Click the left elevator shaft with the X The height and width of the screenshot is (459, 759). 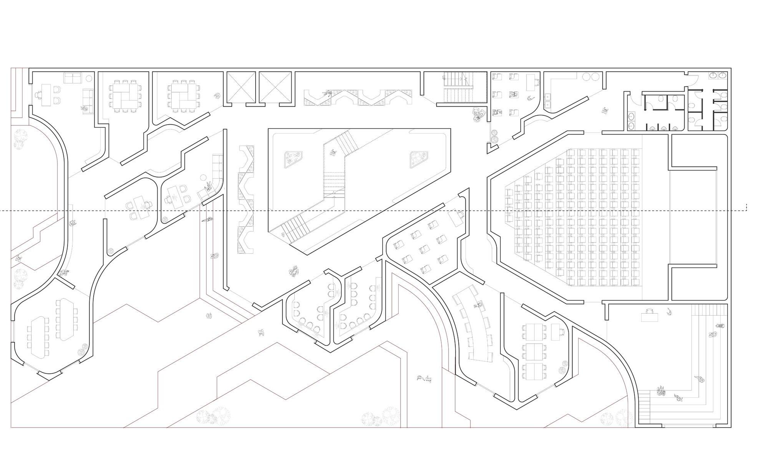pos(241,87)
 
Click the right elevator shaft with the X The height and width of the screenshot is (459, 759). pos(275,87)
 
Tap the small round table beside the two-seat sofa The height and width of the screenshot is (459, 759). pos(89,78)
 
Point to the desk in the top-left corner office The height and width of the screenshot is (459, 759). pos(46,95)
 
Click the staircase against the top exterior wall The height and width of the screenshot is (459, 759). pos(459,87)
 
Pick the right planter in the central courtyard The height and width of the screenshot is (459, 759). pos(419,159)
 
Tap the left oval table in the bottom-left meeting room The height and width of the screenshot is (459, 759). pos(38,337)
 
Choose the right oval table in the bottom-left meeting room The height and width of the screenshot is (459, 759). pos(65,319)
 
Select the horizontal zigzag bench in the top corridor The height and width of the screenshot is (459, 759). pos(358,97)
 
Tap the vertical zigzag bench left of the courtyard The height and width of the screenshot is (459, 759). pos(246,199)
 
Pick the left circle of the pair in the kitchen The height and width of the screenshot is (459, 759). pos(586,77)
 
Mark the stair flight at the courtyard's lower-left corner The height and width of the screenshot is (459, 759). pos(296,229)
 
